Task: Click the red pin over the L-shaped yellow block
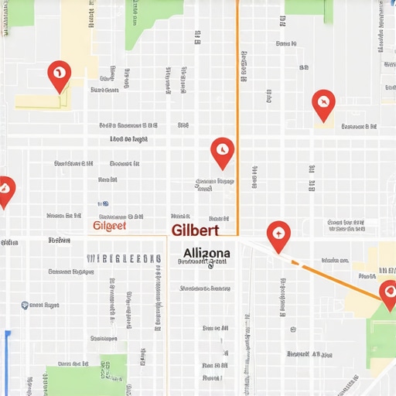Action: tap(59, 76)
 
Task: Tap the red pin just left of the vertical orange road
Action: tap(222, 151)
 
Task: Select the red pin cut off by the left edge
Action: tap(5, 190)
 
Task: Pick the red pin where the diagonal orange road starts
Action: tap(278, 234)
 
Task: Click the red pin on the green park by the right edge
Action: tap(389, 291)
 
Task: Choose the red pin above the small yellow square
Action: tap(323, 103)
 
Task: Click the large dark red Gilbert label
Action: tap(196, 230)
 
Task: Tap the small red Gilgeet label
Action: tap(109, 226)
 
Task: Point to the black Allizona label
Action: tap(207, 253)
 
